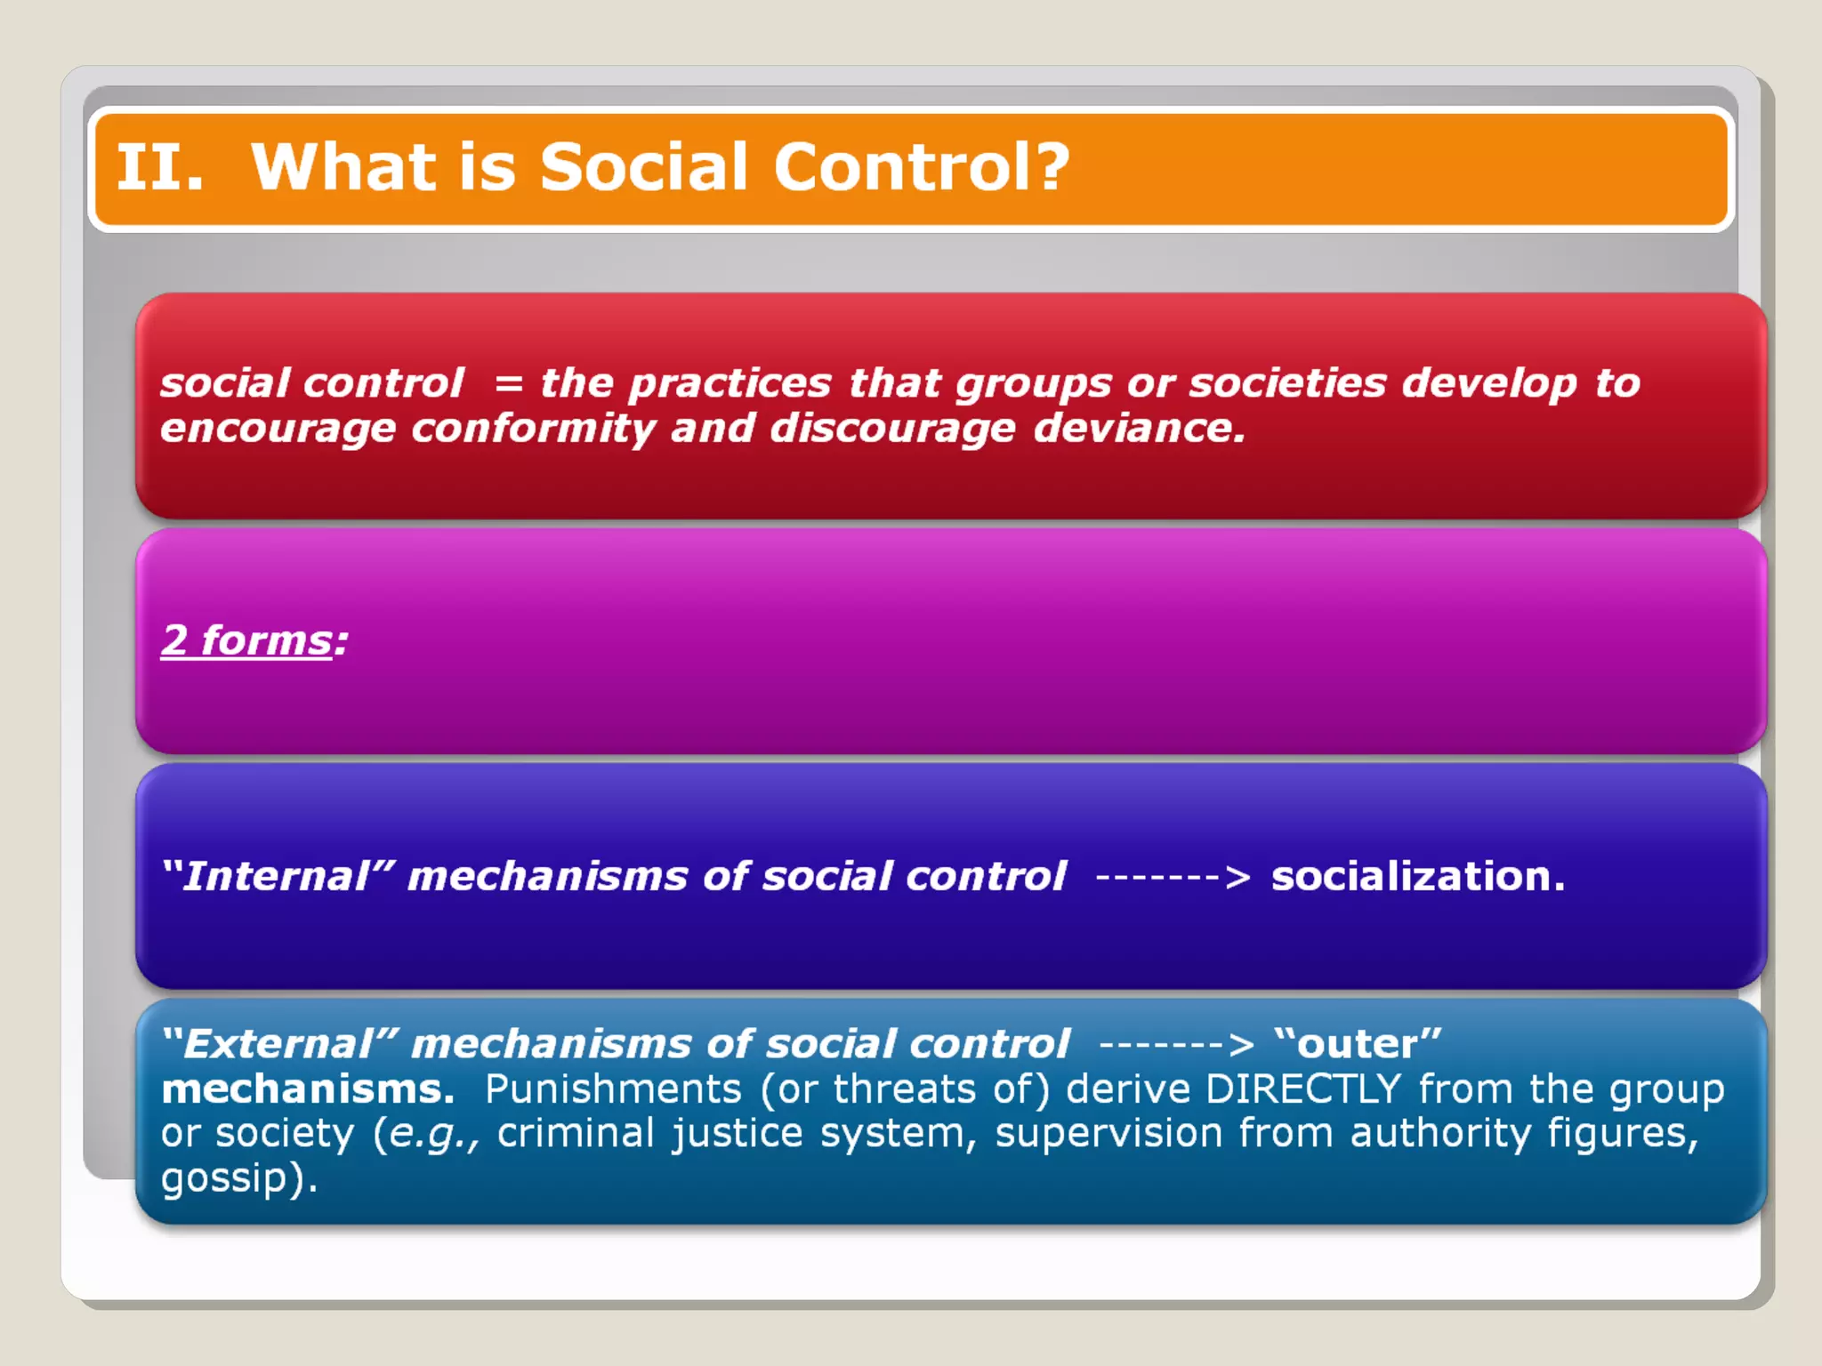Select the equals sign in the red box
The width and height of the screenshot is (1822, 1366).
click(508, 384)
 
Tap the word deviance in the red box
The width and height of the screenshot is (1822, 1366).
click(1138, 428)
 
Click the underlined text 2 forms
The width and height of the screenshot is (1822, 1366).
click(246, 640)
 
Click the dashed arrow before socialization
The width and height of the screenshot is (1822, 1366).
click(1173, 877)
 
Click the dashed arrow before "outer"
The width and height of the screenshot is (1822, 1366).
click(1176, 1044)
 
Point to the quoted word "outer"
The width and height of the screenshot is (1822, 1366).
click(1358, 1043)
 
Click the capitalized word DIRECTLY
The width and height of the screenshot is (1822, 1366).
click(1303, 1089)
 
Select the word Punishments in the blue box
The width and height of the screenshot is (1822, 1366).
click(613, 1089)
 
